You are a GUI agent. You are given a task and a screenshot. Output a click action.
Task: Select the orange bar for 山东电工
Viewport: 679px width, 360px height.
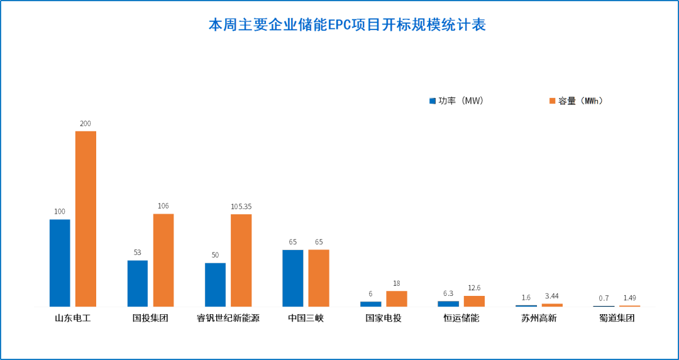pos(86,219)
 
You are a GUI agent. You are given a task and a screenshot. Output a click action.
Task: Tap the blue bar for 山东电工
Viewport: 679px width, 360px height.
pos(60,263)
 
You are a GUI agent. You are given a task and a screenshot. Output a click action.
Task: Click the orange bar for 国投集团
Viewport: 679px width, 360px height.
pos(163,260)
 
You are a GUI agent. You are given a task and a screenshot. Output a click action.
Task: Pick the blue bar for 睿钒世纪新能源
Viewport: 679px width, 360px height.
pos(215,285)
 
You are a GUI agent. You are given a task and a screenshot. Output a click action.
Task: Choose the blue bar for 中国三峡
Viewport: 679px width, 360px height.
pos(292,278)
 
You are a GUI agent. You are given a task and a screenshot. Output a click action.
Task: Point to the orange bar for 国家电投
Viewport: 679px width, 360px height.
pos(396,298)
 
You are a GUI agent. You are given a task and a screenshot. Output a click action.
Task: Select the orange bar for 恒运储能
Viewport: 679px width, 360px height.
pos(474,301)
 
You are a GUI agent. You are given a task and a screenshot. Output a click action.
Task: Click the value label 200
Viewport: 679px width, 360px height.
pos(86,124)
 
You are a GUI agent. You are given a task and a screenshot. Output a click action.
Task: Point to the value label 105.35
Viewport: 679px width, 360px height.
pos(241,207)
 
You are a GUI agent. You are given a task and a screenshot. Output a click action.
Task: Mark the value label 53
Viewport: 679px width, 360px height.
pos(137,253)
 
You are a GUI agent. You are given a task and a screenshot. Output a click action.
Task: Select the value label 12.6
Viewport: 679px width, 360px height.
pos(474,288)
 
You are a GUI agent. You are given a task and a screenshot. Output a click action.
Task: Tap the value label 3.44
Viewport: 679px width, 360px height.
pos(551,296)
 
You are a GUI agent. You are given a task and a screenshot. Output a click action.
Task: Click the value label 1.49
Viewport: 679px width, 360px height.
pos(629,298)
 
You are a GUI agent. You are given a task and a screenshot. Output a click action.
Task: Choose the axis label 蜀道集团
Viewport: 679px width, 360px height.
pos(617,318)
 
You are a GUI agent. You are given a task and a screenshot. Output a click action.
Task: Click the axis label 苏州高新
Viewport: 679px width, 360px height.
pos(539,318)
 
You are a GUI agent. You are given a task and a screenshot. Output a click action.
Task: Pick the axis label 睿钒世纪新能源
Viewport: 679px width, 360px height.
pos(228,318)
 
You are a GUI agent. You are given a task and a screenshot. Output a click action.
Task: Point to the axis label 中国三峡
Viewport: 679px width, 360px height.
pos(306,318)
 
